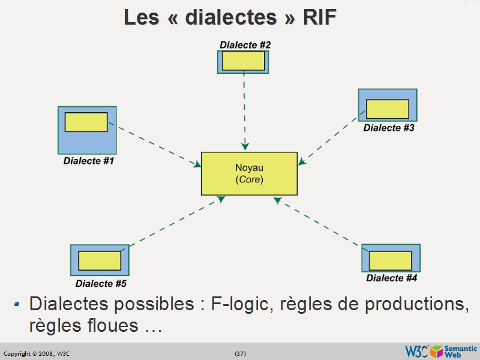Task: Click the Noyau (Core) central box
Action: point(249,173)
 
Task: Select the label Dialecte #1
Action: point(89,161)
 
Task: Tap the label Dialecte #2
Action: point(245,45)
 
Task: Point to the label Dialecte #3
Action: point(389,128)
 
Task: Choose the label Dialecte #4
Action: point(392,278)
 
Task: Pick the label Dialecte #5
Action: point(101,283)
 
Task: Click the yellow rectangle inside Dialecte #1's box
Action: point(86,122)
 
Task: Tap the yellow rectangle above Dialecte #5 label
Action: point(100,260)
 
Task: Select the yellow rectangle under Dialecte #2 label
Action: point(243,61)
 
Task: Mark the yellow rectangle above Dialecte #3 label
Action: point(388,109)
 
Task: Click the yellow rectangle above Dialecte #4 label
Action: point(391,260)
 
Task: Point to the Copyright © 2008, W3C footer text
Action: point(37,353)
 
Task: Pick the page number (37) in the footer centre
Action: point(240,353)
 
